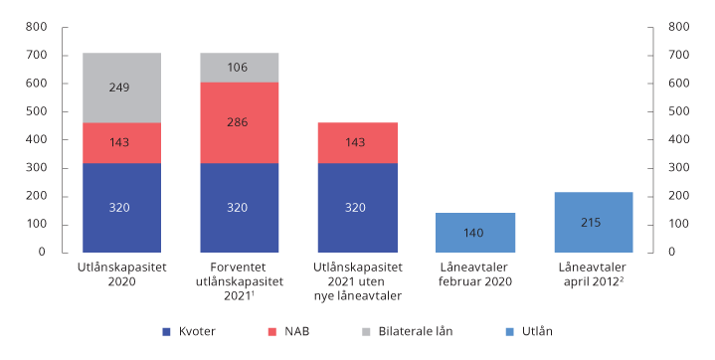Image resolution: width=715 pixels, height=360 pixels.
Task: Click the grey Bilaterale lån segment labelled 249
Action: coord(120,88)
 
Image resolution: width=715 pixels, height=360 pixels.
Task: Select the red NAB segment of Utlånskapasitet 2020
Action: coord(120,142)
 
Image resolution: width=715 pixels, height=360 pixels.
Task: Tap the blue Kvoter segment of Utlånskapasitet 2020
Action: coord(120,207)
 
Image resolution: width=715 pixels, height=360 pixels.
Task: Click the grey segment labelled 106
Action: coord(239,68)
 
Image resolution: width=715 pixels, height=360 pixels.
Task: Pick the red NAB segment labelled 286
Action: coord(239,122)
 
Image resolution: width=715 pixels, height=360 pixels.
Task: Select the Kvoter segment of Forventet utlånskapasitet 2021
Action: coord(239,207)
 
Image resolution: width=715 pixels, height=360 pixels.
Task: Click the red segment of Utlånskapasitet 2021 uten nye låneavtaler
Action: coord(357,142)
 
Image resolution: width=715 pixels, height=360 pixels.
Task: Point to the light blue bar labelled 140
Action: coord(474,232)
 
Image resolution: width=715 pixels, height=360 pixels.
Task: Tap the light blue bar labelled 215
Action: coord(593,222)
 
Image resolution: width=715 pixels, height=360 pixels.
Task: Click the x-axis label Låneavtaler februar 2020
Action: coord(474,274)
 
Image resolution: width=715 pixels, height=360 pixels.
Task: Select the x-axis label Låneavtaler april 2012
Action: coord(593,274)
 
